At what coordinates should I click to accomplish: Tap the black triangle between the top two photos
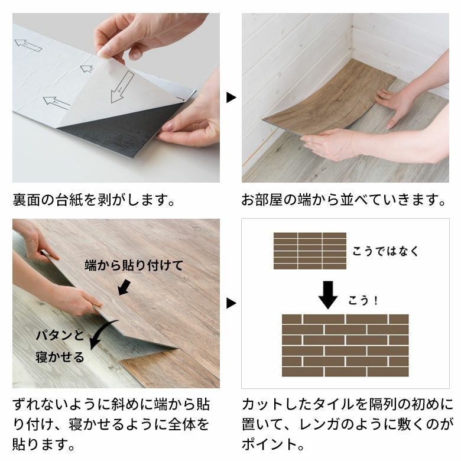coord(231,98)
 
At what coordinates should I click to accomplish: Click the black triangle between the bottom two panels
coord(231,303)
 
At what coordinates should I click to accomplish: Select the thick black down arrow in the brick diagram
coord(328,295)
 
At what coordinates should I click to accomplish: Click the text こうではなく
coord(385,251)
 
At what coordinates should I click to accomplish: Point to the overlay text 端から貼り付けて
coord(134,265)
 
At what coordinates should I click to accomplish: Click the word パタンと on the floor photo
coord(60,335)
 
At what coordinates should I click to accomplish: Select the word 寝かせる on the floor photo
coord(60,357)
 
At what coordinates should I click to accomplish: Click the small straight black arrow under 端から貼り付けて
coord(124,287)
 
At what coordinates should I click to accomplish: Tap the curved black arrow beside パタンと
coord(103,332)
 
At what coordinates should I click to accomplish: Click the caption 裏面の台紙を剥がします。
coord(94,200)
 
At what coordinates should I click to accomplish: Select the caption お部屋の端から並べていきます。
coord(344,200)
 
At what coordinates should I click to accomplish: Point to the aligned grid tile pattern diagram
coord(310,251)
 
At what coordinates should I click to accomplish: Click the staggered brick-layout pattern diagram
coord(345,346)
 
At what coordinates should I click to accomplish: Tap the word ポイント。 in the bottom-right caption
coord(273,444)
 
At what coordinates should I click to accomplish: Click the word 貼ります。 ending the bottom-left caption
coord(44,444)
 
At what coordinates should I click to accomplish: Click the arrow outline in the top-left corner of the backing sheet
coord(28,46)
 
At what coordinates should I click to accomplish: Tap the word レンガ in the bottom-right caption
coord(320,424)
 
